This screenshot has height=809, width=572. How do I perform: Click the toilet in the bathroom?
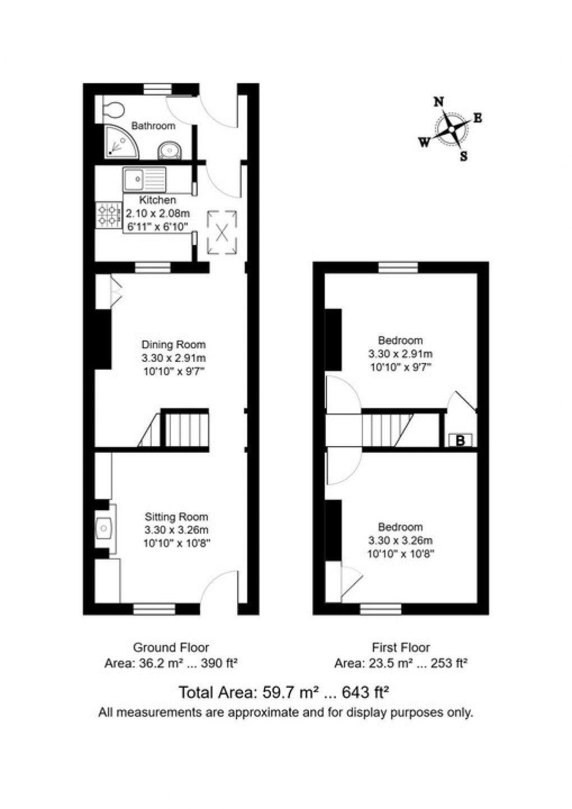tap(114, 109)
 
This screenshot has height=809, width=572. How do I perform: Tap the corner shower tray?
tap(119, 142)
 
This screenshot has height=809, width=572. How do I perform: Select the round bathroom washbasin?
tap(169, 150)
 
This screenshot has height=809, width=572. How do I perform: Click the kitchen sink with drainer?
tap(145, 180)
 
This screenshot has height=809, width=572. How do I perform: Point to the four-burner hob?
tap(109, 215)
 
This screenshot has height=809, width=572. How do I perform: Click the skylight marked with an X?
tap(222, 232)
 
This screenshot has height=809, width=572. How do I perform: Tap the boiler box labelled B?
tap(460, 440)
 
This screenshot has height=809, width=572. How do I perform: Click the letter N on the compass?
tap(439, 102)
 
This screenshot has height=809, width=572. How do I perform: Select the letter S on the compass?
tap(463, 157)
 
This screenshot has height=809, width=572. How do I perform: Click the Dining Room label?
tap(173, 344)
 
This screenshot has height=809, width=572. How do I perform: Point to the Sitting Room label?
tap(176, 517)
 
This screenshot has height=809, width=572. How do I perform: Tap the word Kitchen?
tap(158, 200)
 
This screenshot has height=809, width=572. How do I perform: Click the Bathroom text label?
tap(153, 126)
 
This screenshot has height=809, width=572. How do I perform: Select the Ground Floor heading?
tap(170, 647)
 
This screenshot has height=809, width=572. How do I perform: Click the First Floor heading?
tap(400, 647)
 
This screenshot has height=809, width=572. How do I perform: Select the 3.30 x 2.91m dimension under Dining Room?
tap(173, 358)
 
